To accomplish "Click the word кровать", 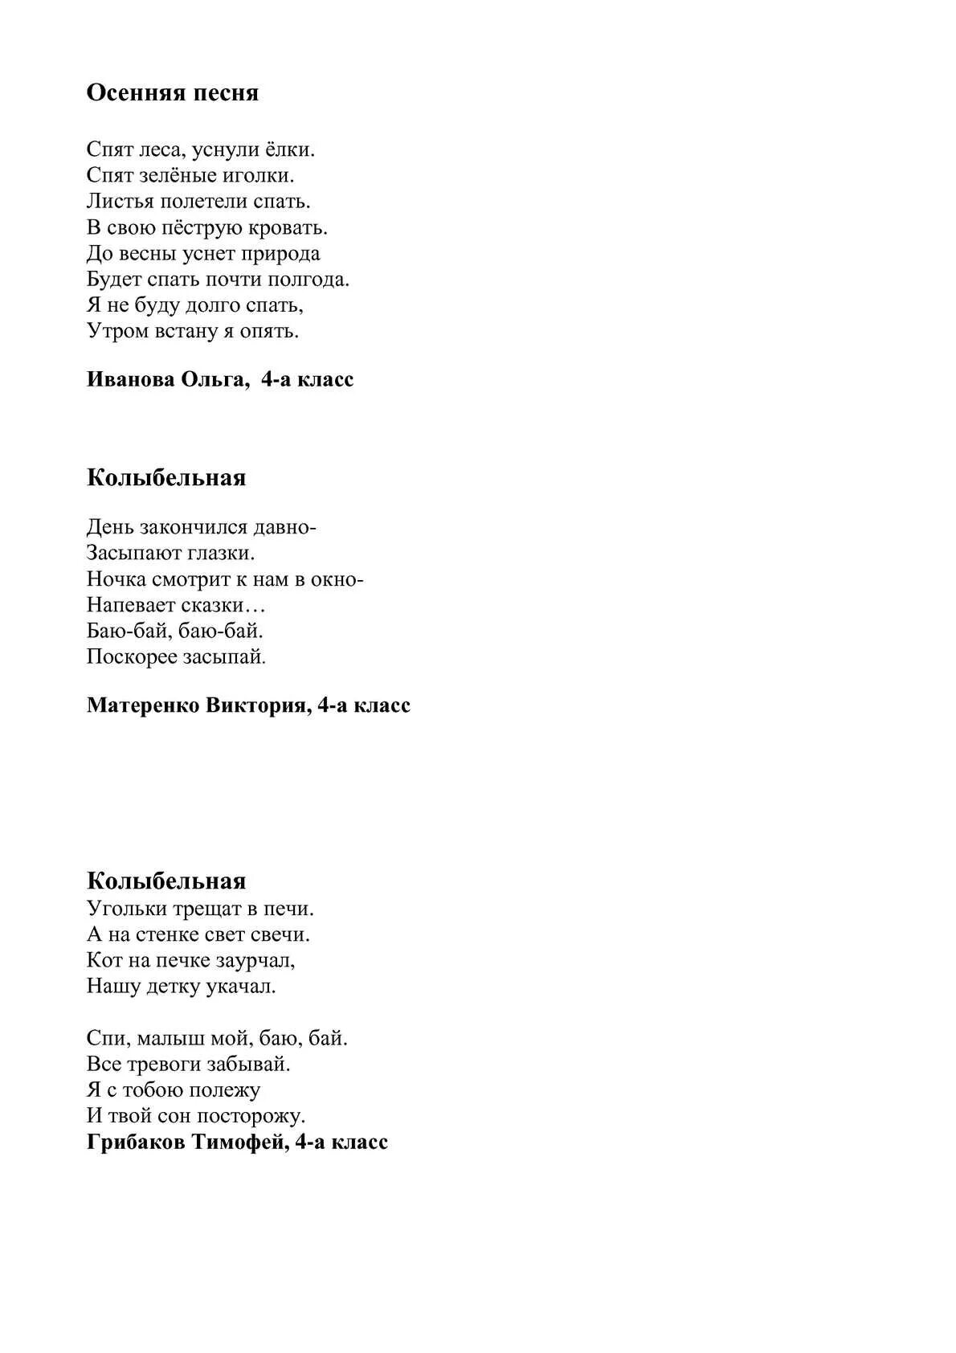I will click(291, 227).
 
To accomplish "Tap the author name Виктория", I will click(256, 705).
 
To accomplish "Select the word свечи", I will click(283, 934).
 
